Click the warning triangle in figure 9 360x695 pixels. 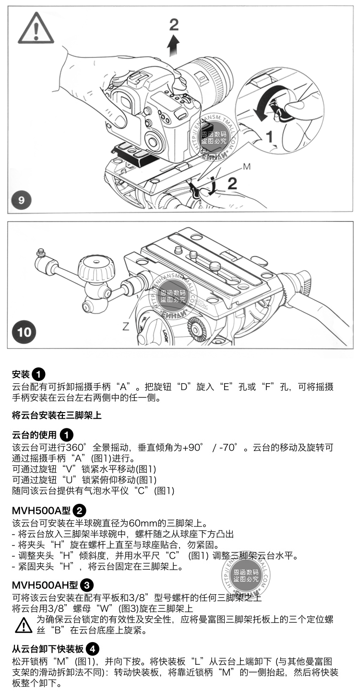36,28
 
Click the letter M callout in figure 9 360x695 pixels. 246,167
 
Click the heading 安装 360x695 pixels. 21,374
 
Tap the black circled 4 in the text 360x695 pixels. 94,649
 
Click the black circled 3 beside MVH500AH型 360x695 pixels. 87,585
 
